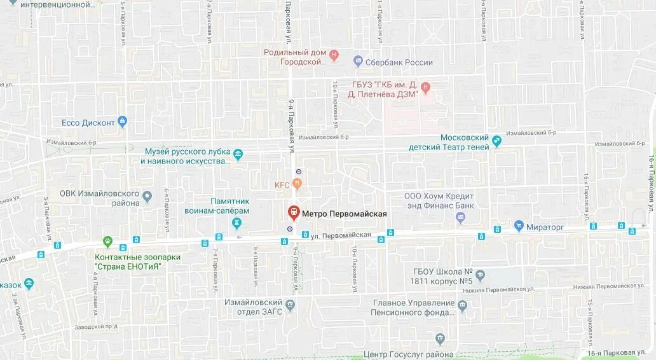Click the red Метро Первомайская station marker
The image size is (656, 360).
click(294, 212)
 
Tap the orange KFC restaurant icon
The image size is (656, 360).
click(297, 184)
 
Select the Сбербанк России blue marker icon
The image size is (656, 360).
click(358, 62)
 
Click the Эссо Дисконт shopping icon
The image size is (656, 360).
click(123, 121)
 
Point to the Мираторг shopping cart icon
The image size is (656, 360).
click(519, 226)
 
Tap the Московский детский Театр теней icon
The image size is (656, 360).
click(497, 142)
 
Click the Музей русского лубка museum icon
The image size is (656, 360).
click(238, 155)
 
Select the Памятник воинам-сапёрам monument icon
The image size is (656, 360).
click(237, 222)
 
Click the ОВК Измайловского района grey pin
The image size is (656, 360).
click(147, 197)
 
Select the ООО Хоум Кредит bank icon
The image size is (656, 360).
click(461, 218)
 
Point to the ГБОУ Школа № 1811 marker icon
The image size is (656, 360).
click(480, 275)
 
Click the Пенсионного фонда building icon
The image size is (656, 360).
click(462, 305)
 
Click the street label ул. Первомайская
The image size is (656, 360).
click(341, 235)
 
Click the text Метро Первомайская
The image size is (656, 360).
click(344, 214)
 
